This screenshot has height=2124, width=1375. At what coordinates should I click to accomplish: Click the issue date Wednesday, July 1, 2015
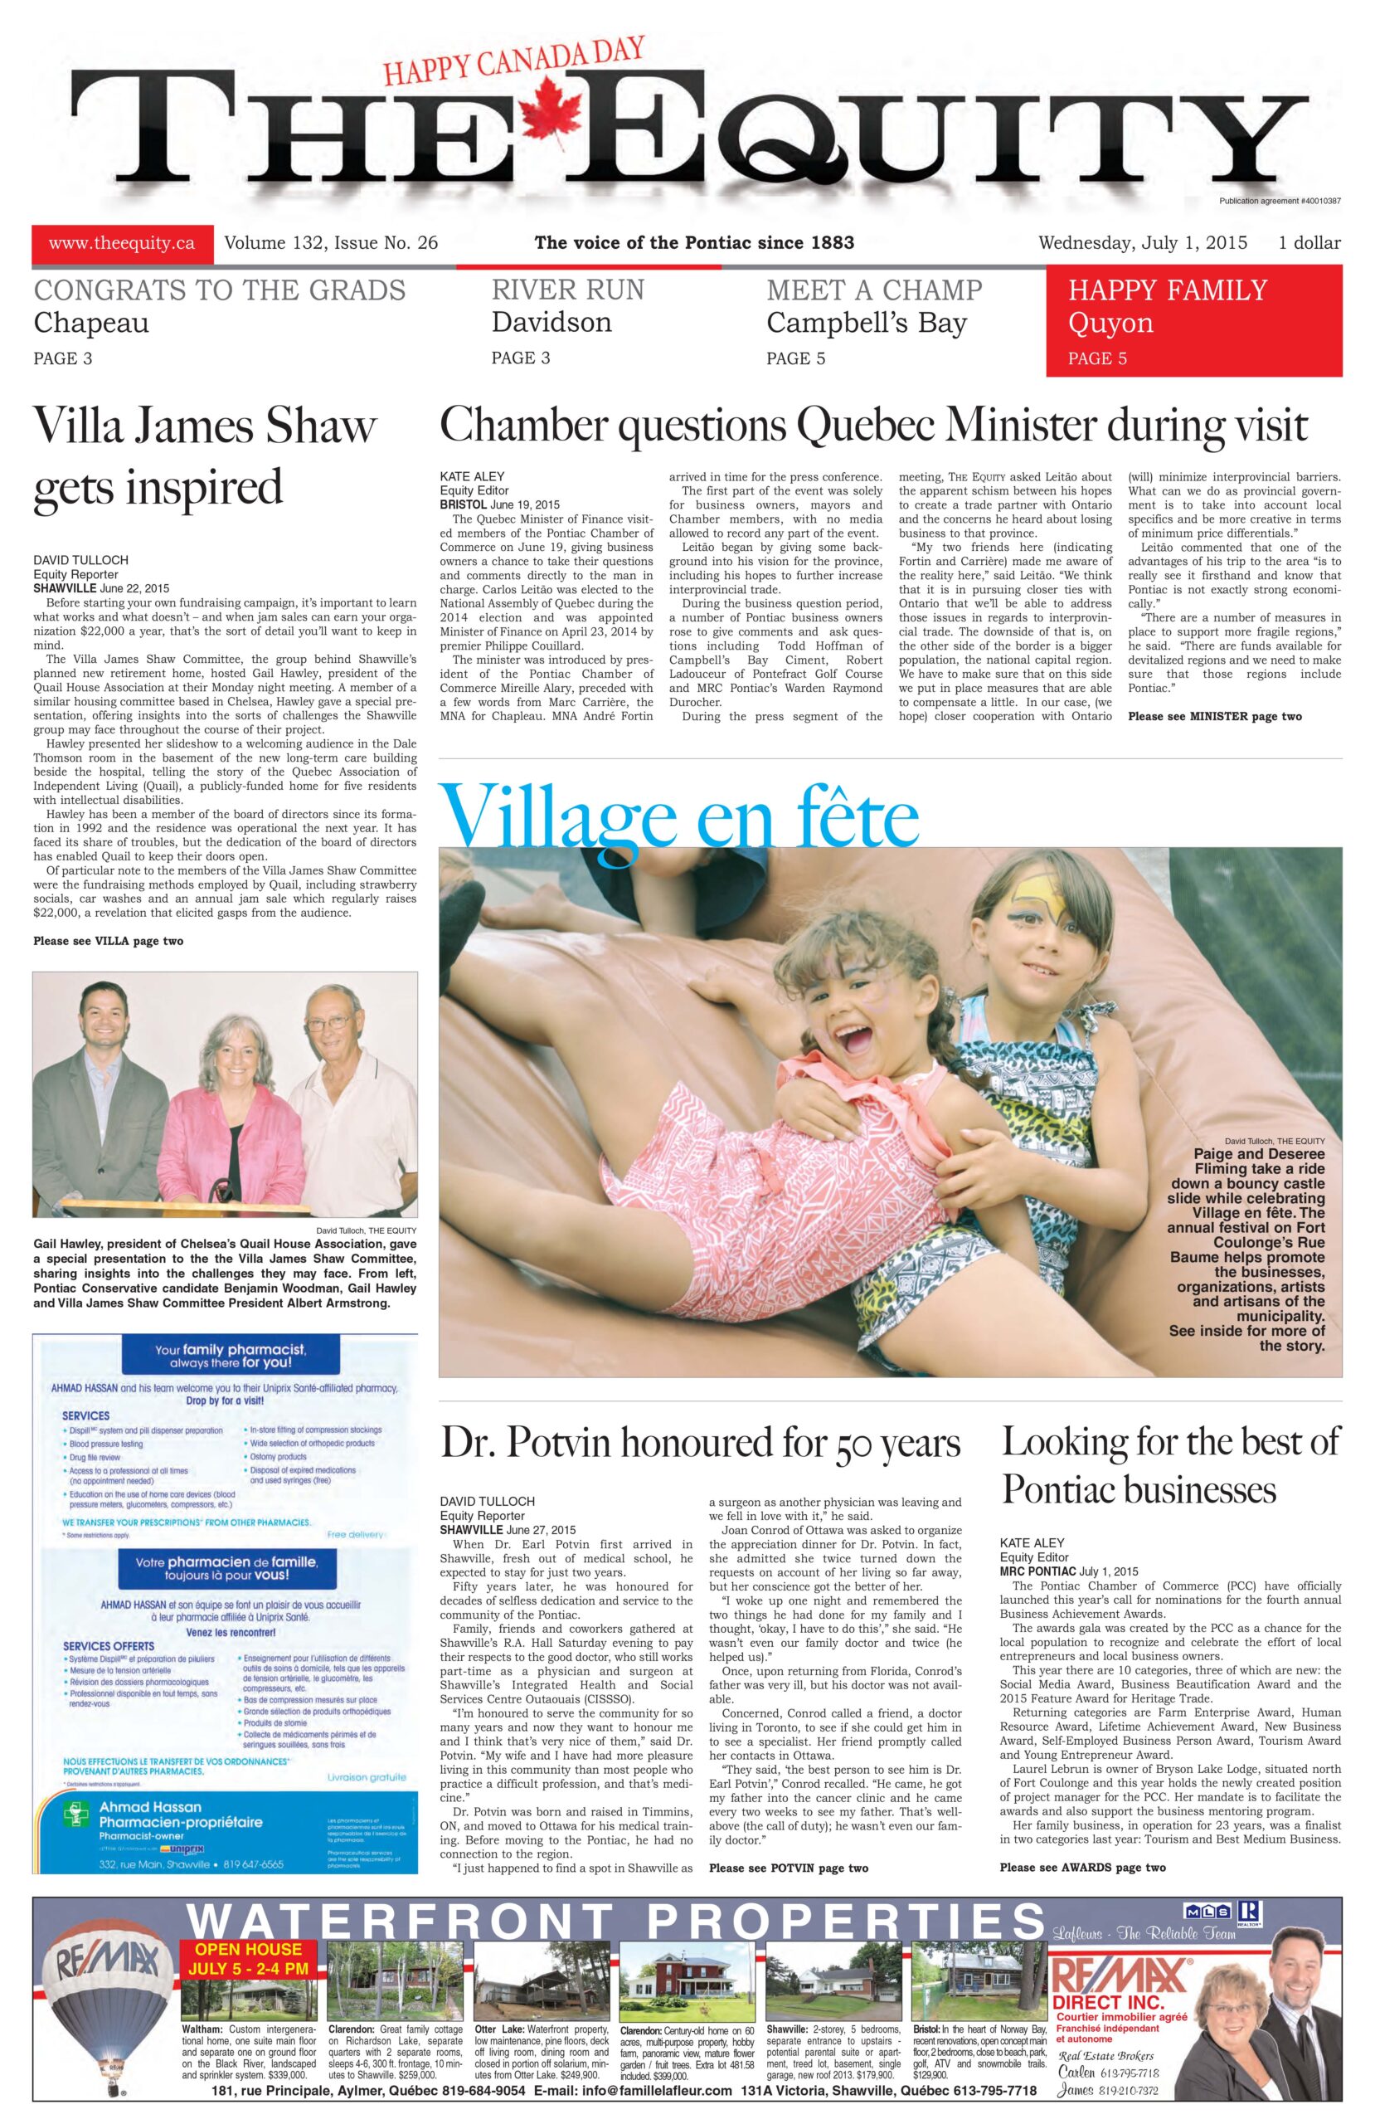[x=1142, y=243]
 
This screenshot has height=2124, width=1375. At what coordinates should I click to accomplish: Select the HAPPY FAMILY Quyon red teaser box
[x=1193, y=321]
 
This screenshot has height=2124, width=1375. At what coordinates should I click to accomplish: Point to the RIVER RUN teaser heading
[x=567, y=290]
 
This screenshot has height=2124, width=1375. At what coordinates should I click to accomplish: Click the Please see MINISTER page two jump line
[x=1213, y=716]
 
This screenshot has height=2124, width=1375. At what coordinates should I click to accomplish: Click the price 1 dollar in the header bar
[x=1309, y=243]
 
